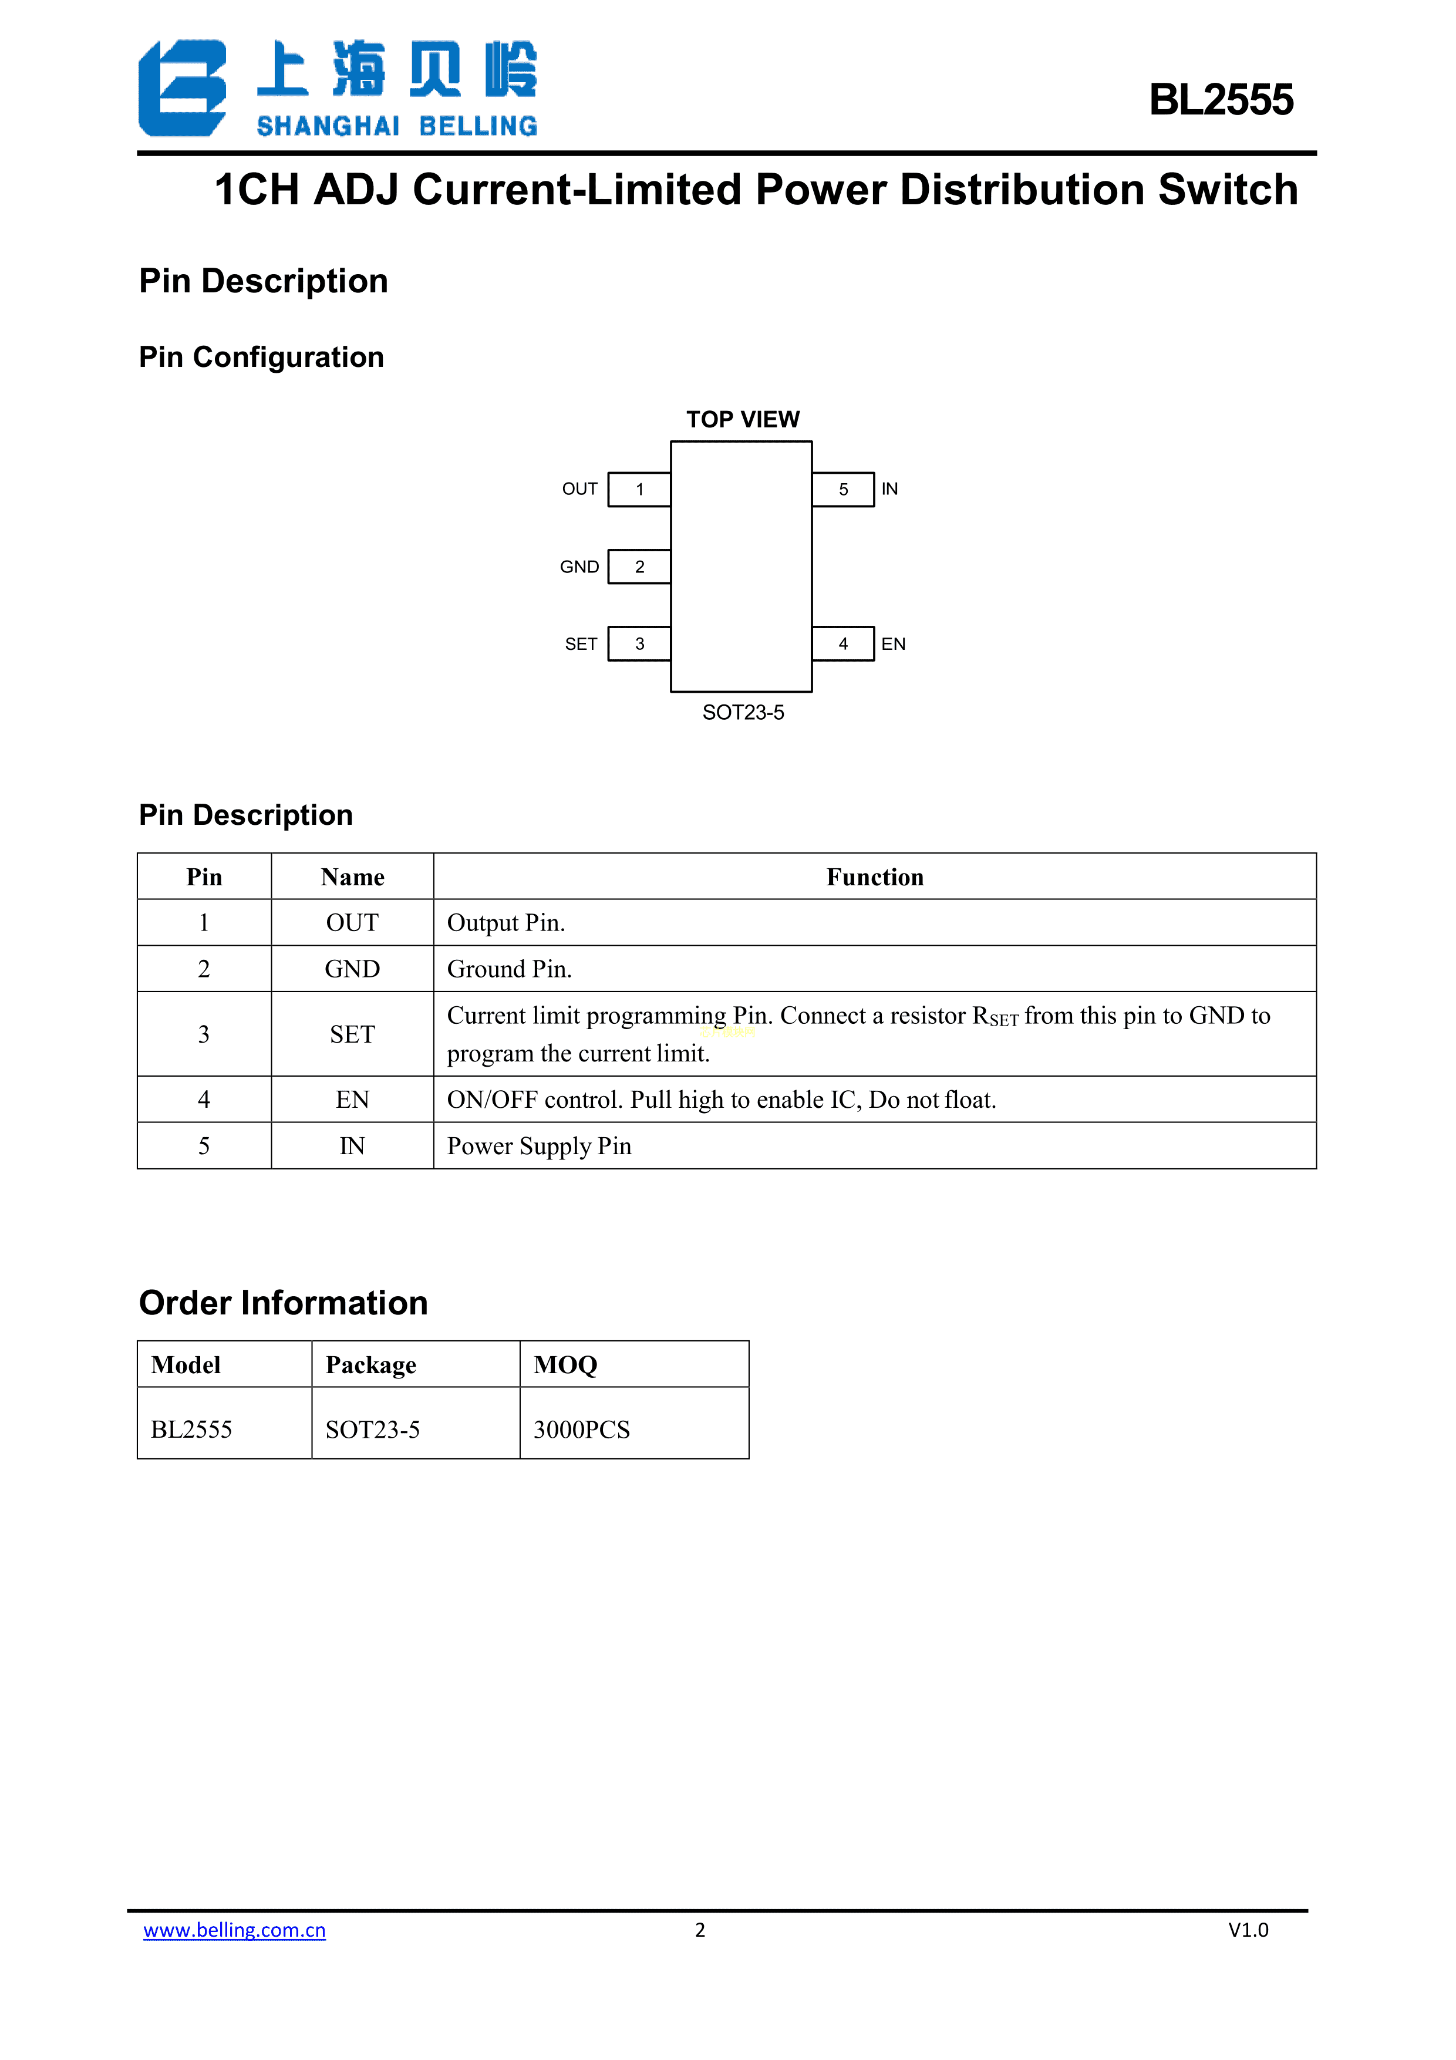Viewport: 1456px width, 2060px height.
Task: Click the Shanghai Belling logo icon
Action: click(x=182, y=88)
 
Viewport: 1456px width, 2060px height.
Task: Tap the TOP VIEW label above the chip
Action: click(x=742, y=419)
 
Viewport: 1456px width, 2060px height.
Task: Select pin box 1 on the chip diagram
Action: click(x=639, y=489)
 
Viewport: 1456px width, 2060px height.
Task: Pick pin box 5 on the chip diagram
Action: click(x=842, y=489)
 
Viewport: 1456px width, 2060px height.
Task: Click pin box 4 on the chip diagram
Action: click(x=842, y=643)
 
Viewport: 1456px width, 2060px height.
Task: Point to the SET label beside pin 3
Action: click(x=581, y=644)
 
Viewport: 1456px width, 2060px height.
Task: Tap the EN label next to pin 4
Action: click(x=892, y=644)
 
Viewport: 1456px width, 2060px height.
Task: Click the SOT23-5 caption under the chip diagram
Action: click(x=743, y=712)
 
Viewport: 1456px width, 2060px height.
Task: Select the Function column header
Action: click(x=875, y=876)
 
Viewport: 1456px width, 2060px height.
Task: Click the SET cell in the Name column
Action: click(x=352, y=1034)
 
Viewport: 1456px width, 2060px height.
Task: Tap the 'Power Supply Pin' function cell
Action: click(x=539, y=1146)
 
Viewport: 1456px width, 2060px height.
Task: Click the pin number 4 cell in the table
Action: click(x=204, y=1099)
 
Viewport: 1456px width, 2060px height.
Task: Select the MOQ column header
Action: click(x=565, y=1365)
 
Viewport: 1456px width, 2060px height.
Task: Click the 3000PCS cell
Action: click(x=581, y=1429)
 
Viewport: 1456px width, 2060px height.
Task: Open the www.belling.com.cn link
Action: click(x=234, y=1930)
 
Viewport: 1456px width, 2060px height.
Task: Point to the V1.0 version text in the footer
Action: click(x=1248, y=1930)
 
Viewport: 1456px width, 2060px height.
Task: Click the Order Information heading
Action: click(x=284, y=1303)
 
